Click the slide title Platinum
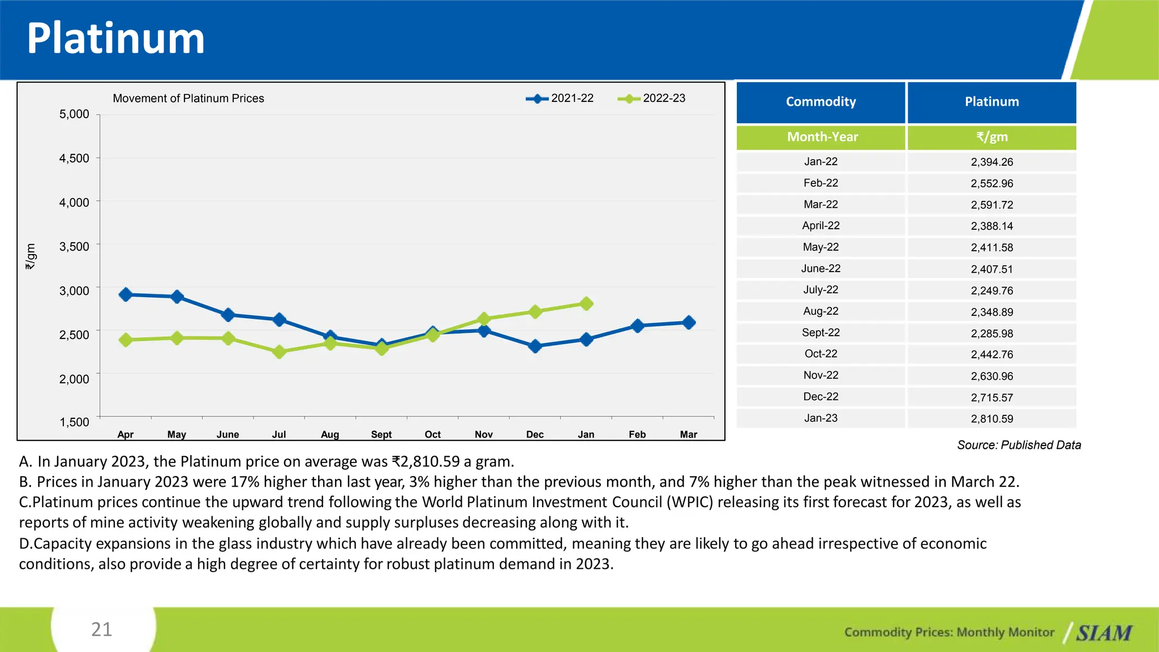click(x=115, y=38)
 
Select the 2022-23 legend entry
click(x=651, y=98)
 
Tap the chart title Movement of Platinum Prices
click(x=188, y=98)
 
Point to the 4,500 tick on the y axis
click(x=74, y=158)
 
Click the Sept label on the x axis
click(x=381, y=435)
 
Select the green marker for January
click(x=586, y=304)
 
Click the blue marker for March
click(x=689, y=323)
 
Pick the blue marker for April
click(x=126, y=294)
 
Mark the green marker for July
click(x=279, y=352)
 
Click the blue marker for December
click(x=535, y=346)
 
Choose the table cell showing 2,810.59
click(x=991, y=419)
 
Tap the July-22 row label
click(x=821, y=290)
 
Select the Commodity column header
click(x=821, y=102)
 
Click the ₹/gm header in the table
click(x=991, y=137)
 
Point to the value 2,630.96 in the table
click(x=991, y=376)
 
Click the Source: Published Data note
click(x=1019, y=445)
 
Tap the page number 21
click(x=102, y=629)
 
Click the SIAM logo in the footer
click(x=1104, y=633)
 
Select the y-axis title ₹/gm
click(x=31, y=256)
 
